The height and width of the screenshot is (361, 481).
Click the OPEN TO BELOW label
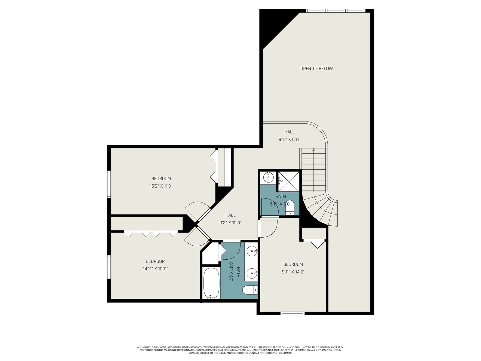click(316, 69)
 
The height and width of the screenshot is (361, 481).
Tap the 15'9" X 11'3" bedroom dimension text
click(161, 186)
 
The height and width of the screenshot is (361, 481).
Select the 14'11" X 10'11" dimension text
click(155, 269)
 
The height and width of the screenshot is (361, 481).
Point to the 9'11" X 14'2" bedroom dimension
click(293, 272)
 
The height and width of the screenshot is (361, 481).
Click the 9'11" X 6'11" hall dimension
click(289, 139)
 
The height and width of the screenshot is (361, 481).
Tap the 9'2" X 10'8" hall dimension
click(230, 223)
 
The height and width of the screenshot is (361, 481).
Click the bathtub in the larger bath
click(211, 283)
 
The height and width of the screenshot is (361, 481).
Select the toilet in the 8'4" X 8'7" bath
click(250, 290)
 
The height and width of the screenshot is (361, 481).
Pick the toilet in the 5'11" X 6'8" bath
click(290, 207)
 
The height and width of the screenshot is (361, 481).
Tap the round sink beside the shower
click(268, 177)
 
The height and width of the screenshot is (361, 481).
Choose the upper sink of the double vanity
click(252, 251)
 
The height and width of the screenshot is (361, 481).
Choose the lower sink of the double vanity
click(252, 273)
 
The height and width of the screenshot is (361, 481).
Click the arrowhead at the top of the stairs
click(314, 150)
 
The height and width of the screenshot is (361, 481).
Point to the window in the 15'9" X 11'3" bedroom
click(109, 184)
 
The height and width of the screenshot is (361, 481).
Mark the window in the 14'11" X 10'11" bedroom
click(109, 267)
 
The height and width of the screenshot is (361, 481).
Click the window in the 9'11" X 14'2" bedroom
click(293, 313)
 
